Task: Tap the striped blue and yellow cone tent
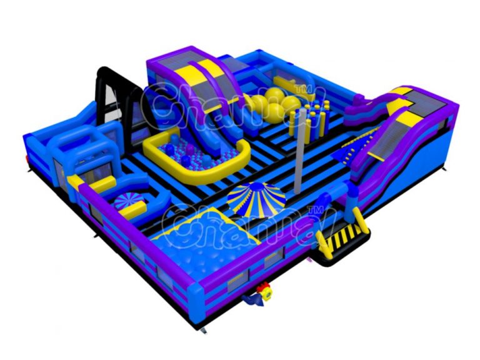click(x=256, y=198)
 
